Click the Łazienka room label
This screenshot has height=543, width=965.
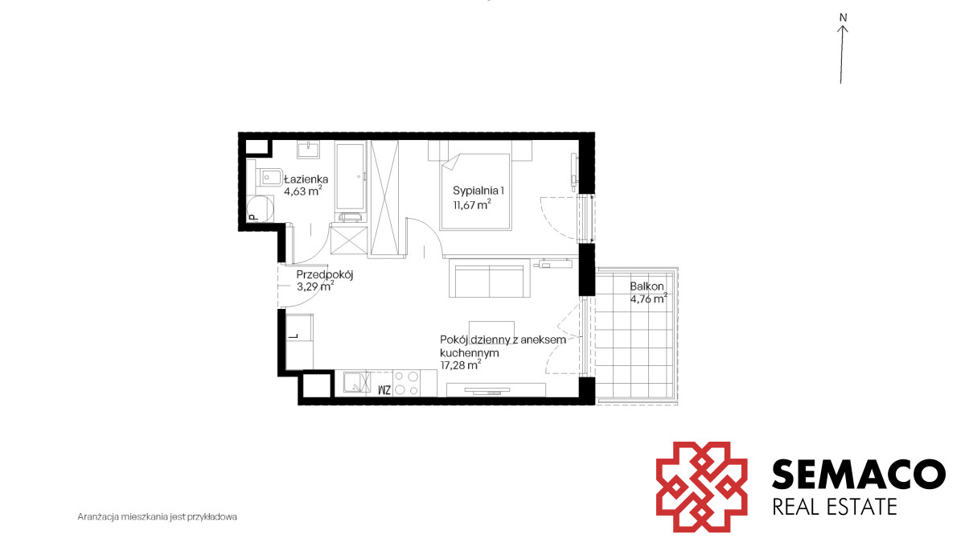[x=306, y=179]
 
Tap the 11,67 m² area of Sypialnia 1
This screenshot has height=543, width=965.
[x=472, y=204]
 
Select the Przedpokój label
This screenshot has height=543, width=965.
[x=325, y=275]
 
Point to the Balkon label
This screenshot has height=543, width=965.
[x=647, y=286]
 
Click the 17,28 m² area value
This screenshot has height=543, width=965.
[x=461, y=365]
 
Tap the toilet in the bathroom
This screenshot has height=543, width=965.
[x=269, y=177]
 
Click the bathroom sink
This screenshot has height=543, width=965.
[x=308, y=150]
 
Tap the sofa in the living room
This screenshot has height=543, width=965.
[x=490, y=278]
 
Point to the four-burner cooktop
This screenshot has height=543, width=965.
[x=406, y=383]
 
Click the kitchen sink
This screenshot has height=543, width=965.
[x=357, y=383]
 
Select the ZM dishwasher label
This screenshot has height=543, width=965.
[x=384, y=390]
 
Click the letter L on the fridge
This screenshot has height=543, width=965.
[x=294, y=335]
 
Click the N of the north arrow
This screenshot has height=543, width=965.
[x=843, y=18]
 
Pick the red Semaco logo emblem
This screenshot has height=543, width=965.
[x=701, y=487]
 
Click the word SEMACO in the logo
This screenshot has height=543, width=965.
[x=859, y=474]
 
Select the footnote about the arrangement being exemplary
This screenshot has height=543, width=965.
[x=158, y=516]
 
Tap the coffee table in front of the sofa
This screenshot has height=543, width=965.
[x=491, y=330]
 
